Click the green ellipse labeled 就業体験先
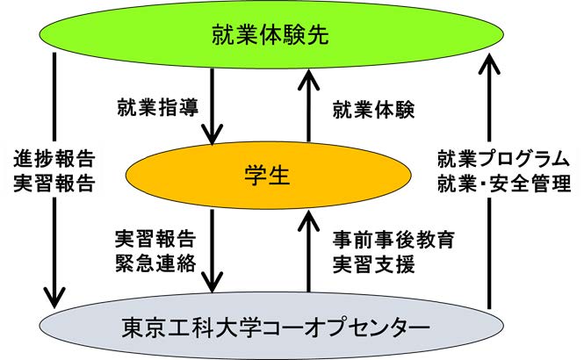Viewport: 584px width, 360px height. (x=271, y=34)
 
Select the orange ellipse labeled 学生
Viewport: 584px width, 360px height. (x=269, y=175)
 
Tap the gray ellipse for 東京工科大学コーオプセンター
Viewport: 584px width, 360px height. (x=271, y=326)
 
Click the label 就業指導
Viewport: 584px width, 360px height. (x=158, y=107)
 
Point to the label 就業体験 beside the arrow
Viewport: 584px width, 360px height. (x=373, y=110)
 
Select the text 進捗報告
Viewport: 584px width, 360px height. (x=54, y=159)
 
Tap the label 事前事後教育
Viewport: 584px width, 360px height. (x=393, y=240)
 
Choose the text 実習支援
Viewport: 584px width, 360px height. (x=373, y=264)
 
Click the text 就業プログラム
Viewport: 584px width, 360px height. (x=504, y=159)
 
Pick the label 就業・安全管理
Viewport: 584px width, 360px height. (x=504, y=184)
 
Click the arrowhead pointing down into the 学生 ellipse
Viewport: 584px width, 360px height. (x=213, y=134)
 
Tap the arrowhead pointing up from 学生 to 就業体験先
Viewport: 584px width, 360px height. (x=309, y=80)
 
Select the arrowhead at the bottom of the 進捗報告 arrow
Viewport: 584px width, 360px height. (x=54, y=298)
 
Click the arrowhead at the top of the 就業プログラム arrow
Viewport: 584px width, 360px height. (x=488, y=63)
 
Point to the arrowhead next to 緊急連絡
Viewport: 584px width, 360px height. (x=213, y=282)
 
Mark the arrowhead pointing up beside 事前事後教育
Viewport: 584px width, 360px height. (x=309, y=220)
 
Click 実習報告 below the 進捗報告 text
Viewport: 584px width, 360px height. (x=54, y=184)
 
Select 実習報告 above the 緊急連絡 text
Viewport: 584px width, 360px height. (x=155, y=240)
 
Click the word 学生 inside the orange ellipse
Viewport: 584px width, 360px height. (x=267, y=175)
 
